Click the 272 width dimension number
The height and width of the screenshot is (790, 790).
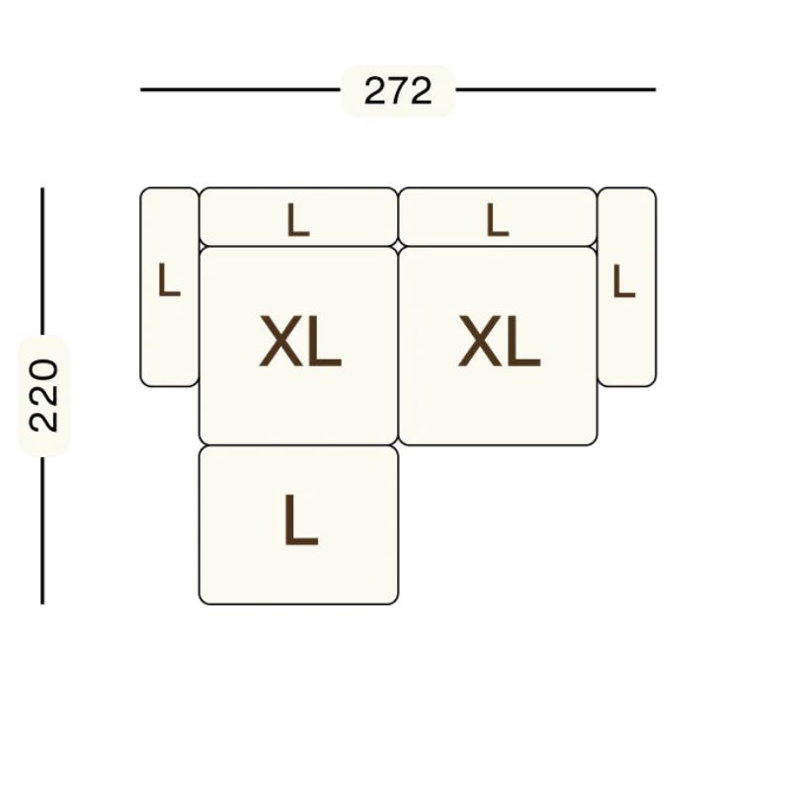point(398,91)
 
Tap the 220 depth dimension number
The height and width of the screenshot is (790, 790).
point(43,396)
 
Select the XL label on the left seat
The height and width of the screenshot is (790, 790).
point(300,341)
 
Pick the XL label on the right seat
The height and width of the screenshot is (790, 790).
point(500,341)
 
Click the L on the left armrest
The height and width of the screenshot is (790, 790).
point(169,279)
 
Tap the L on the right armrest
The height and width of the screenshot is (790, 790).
point(624,280)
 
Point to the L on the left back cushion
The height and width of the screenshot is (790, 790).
point(298,220)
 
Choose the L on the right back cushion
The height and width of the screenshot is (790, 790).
point(498,220)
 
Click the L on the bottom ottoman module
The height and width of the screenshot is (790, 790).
point(301,520)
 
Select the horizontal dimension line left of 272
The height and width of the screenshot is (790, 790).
point(240,90)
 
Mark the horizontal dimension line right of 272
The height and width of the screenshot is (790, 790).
point(556,90)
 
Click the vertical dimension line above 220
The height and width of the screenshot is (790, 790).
point(42,261)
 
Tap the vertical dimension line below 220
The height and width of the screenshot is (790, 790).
point(42,530)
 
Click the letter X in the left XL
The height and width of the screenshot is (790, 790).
point(278,341)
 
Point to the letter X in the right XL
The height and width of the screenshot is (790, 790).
point(478,341)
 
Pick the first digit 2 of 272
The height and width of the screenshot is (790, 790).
point(375,91)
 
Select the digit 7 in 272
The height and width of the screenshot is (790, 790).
point(398,91)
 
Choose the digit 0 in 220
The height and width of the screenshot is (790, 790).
point(43,371)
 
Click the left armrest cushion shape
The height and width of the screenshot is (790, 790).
point(169,287)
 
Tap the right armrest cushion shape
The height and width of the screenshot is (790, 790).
point(627,287)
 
